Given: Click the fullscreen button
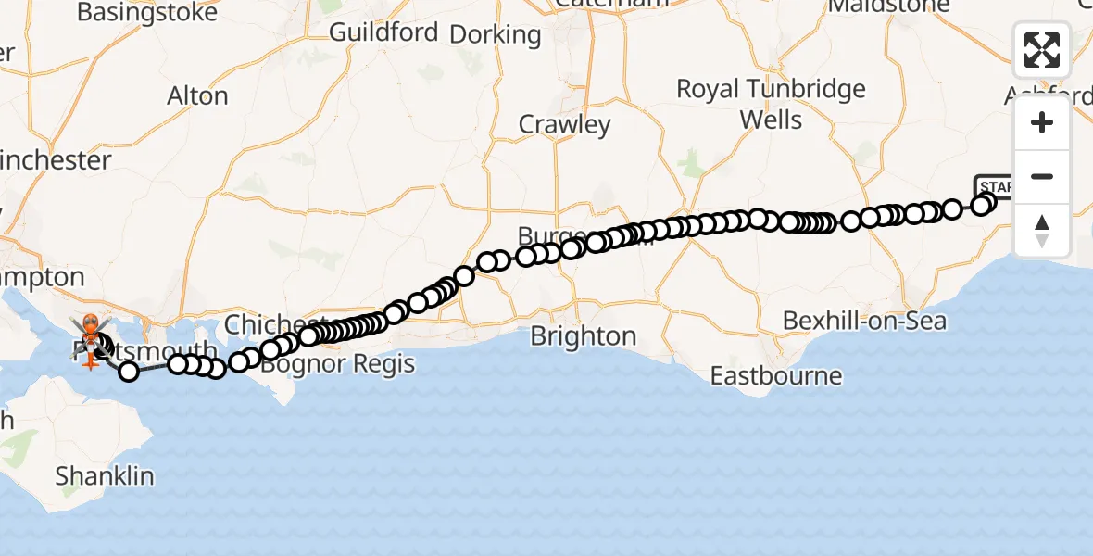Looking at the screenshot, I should [x=1042, y=50].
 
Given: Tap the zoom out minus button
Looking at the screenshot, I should [x=1042, y=176].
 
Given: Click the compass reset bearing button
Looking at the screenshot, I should [x=1042, y=230].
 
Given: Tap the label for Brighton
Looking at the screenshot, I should [x=583, y=335].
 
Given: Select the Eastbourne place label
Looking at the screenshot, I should [x=776, y=376].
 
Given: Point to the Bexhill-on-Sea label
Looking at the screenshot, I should [x=864, y=321].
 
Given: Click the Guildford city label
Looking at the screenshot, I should [x=383, y=32].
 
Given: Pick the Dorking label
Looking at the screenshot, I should [x=496, y=35].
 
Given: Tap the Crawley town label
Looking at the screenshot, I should [x=564, y=124].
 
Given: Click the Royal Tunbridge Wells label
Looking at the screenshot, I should [x=771, y=104].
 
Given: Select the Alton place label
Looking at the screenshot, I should [x=197, y=95].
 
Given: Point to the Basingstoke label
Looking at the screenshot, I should [x=147, y=12].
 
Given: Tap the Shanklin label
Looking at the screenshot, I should [x=104, y=476].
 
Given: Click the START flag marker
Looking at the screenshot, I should [x=993, y=186].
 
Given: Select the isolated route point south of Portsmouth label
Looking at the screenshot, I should [x=129, y=372].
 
